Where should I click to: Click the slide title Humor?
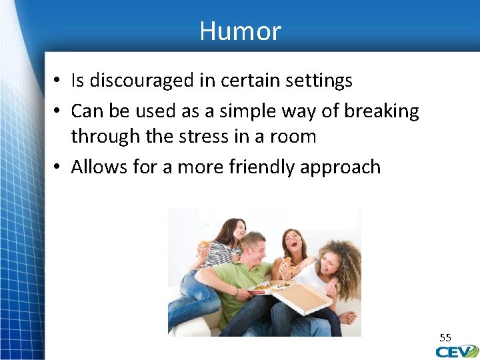[240, 31]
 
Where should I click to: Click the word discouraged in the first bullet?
[142, 81]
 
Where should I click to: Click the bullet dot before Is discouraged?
[59, 81]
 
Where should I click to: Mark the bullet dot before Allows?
[59, 167]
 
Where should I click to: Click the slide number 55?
[445, 337]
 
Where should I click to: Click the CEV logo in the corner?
[457, 351]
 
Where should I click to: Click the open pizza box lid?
[304, 299]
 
